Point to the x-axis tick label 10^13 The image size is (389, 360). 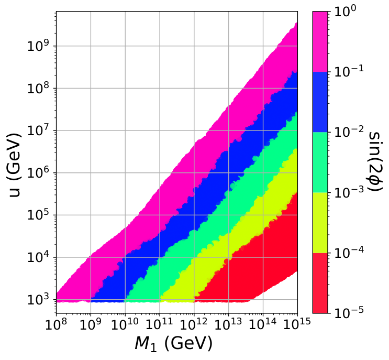[228, 324]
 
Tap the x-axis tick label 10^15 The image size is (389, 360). [297, 324]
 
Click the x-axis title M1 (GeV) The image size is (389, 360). [174, 344]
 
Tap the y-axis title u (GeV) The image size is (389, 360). [14, 166]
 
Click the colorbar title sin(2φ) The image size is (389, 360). [376, 161]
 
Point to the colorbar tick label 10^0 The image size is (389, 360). [346, 12]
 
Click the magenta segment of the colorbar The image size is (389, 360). [320, 42]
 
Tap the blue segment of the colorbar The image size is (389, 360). [320, 102]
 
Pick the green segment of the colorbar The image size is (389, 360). [320, 162]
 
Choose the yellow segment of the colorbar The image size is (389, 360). [320, 223]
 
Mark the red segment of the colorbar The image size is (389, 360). [320, 283]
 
